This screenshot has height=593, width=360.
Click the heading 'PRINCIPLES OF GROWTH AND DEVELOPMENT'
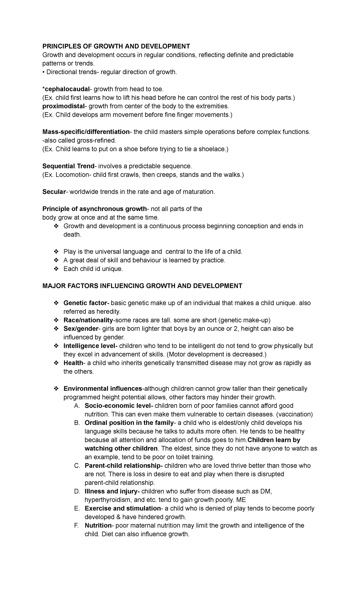116,46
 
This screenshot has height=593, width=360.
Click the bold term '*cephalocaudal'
66,89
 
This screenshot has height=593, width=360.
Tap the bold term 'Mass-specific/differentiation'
86,132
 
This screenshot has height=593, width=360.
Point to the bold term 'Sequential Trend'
68,166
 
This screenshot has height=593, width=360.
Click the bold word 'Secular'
54,192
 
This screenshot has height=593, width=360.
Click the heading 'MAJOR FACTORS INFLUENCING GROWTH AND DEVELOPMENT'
142,286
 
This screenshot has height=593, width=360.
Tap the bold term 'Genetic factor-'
87,303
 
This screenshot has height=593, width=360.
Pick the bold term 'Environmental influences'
103,389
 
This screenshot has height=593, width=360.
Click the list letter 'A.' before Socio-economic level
77,406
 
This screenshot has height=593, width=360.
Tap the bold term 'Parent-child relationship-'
124,466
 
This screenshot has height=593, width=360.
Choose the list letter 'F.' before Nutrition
76,526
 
